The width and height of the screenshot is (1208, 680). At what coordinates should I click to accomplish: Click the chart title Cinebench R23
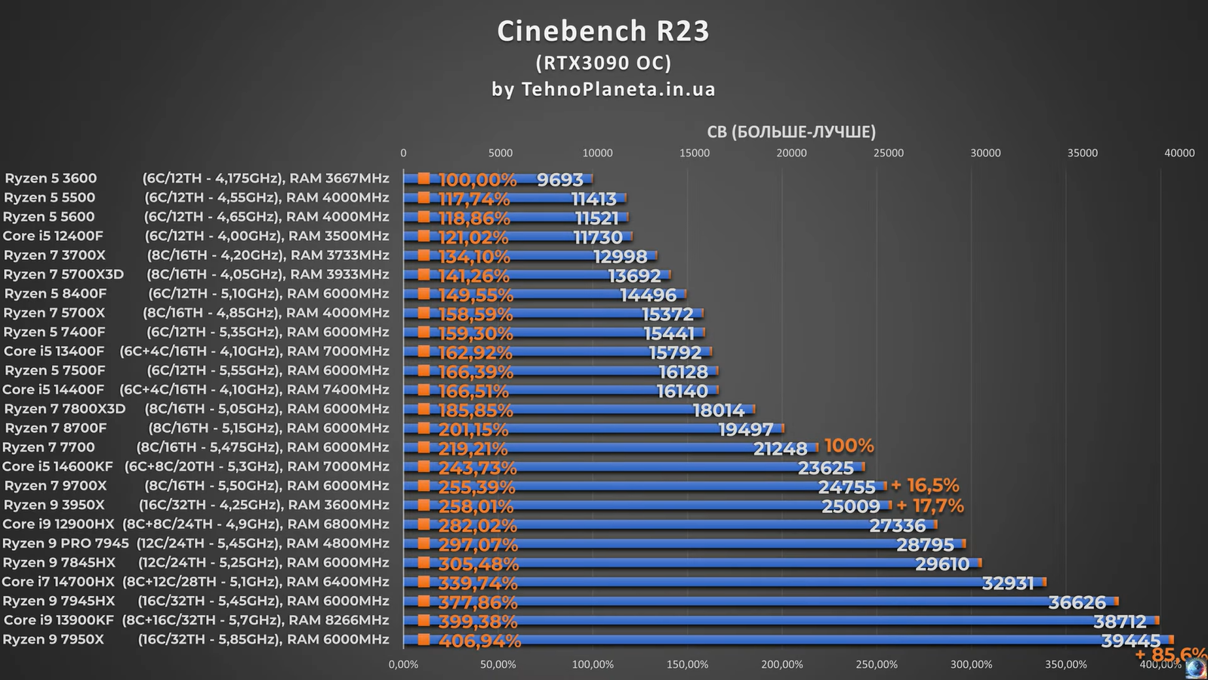coord(603,31)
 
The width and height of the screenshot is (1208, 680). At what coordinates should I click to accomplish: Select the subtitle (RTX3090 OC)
coord(603,62)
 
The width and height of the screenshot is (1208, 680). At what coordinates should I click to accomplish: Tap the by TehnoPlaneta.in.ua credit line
coord(603,89)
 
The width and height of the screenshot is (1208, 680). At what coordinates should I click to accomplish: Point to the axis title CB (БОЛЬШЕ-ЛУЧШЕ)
coord(791,132)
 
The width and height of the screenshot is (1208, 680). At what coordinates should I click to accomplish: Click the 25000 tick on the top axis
coord(889,153)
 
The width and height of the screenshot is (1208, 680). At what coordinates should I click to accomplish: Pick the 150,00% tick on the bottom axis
coord(687,665)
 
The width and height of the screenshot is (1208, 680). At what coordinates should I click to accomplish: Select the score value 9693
coord(560,180)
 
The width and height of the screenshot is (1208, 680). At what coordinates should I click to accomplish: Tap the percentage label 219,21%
coord(473,449)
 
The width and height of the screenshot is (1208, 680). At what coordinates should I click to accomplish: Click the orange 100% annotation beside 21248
coord(849,446)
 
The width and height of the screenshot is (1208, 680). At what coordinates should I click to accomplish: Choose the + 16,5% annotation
coord(925,485)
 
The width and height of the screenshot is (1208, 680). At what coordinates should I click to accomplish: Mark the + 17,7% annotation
coord(930,505)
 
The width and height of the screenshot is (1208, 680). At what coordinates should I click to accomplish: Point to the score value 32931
coord(1007,583)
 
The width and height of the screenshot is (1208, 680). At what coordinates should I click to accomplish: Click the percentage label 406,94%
coord(479,641)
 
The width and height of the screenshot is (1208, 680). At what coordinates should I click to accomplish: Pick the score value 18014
coord(719,410)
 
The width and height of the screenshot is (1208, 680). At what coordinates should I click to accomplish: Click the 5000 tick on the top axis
coord(501,153)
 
